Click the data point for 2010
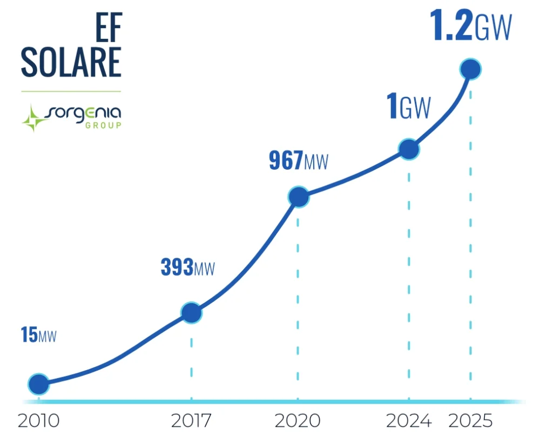pos(38,384)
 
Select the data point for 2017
pos(191,312)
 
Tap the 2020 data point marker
pos(298,197)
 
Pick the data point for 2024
pos(409,149)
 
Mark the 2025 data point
pos(470,69)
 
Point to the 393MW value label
pos(187,267)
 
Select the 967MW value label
pos(298,161)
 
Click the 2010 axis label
pos(38,420)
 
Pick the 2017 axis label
pos(191,420)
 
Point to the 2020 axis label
pos(298,420)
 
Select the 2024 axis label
pos(409,420)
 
